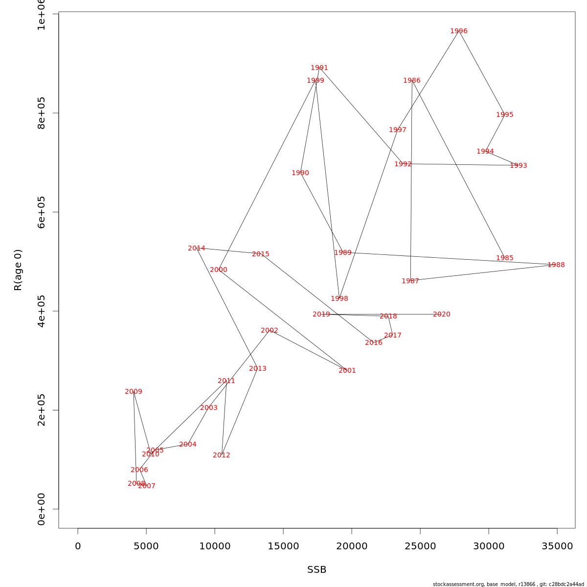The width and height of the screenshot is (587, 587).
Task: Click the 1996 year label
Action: click(x=459, y=31)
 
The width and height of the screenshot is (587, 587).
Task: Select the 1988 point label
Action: click(x=556, y=265)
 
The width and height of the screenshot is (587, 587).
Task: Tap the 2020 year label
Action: click(x=442, y=315)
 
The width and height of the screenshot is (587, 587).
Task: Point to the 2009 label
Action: click(x=134, y=392)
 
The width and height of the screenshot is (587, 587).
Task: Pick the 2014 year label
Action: click(x=197, y=248)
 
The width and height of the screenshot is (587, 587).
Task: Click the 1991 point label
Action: click(x=319, y=68)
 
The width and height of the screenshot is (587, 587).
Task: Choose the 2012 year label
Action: click(x=222, y=455)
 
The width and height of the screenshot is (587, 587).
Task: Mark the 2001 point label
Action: click(x=347, y=371)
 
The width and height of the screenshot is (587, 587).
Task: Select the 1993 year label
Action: click(x=519, y=166)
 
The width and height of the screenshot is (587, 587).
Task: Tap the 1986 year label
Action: click(x=412, y=81)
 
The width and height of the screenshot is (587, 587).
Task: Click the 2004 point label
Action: click(x=188, y=445)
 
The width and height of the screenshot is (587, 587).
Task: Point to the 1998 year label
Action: click(x=339, y=299)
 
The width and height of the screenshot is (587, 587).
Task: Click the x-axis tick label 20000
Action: click(x=352, y=546)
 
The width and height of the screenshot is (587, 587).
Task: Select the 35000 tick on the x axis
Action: click(x=557, y=546)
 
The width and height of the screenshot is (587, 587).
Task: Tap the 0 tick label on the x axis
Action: click(x=78, y=546)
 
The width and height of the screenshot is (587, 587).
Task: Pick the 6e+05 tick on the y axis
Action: click(x=42, y=212)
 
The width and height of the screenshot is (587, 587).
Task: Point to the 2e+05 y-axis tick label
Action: click(x=42, y=410)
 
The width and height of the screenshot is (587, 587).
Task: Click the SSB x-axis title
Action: click(x=317, y=570)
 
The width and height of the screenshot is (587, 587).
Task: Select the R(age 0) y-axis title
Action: click(x=18, y=270)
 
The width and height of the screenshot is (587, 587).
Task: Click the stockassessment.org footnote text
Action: click(x=508, y=584)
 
